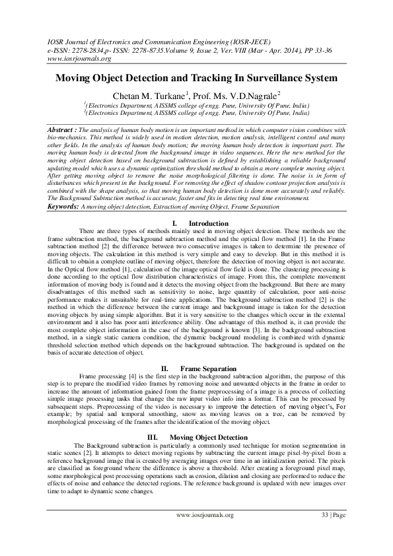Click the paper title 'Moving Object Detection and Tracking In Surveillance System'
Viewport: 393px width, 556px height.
[196, 78]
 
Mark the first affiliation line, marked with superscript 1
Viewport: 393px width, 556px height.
[196, 106]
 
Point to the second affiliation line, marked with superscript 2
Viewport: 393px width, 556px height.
[196, 113]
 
